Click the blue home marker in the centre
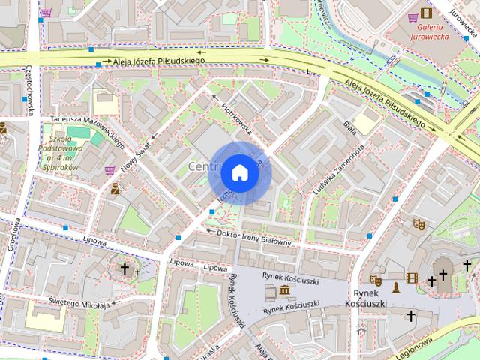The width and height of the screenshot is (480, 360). click(239, 172)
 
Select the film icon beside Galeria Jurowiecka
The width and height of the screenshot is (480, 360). click(426, 13)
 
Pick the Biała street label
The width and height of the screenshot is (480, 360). click(349, 127)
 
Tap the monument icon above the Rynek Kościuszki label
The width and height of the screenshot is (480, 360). click(395, 287)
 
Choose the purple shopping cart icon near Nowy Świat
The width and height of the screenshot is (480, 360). click(110, 170)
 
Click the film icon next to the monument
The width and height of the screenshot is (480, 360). click(410, 277)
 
